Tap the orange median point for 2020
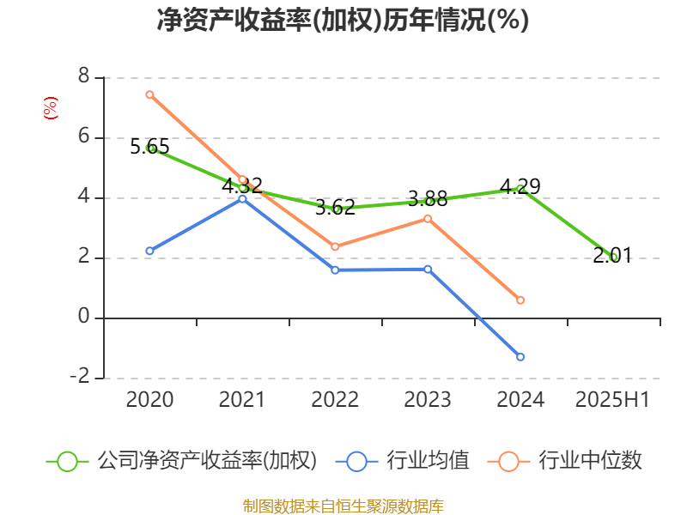(x=149, y=94)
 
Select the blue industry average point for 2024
(x=520, y=356)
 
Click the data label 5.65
(x=149, y=147)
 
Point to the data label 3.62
(x=335, y=207)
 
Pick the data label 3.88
(x=428, y=199)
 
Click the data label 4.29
(x=520, y=186)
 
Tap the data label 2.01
(x=612, y=255)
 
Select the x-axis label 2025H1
(x=612, y=400)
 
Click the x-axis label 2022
(x=335, y=400)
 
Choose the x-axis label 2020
(x=149, y=400)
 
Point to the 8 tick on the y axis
(x=83, y=76)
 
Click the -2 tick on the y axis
(x=80, y=377)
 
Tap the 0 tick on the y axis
(x=83, y=317)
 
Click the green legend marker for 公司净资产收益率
(x=68, y=461)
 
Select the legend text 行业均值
(x=427, y=461)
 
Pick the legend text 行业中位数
(x=589, y=461)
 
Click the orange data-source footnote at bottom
(x=343, y=506)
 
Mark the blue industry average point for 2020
(x=149, y=251)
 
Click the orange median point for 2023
(x=428, y=218)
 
